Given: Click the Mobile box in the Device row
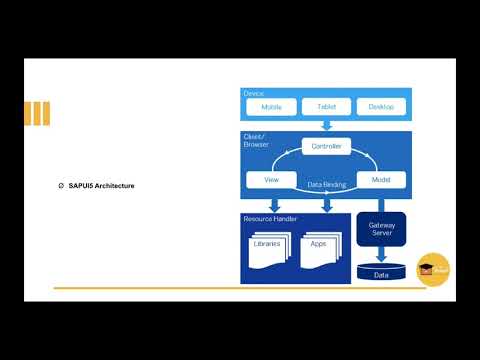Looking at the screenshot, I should (x=271, y=107).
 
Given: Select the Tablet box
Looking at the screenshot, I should (x=326, y=107).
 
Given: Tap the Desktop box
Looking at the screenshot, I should (x=381, y=107).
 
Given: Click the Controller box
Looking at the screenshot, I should (x=326, y=147).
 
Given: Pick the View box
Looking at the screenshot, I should (x=271, y=180).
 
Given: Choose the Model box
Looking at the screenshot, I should (x=381, y=180).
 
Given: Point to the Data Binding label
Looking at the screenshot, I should (x=327, y=185).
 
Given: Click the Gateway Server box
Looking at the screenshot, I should (x=381, y=230).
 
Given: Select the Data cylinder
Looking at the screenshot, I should (x=381, y=271).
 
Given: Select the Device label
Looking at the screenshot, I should (x=253, y=93).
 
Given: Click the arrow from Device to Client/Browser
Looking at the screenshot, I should (x=326, y=125).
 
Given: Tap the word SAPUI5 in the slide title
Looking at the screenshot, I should (x=81, y=186).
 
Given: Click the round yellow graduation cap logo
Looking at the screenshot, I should (x=433, y=268).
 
